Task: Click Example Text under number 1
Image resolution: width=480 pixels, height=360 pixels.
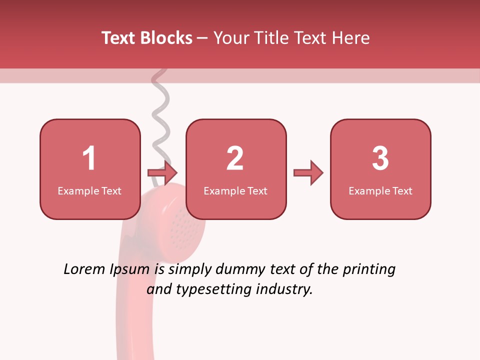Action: (x=89, y=191)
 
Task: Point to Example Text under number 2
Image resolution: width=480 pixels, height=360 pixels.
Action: (x=235, y=191)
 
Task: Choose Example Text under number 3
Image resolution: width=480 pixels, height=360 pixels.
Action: (x=380, y=191)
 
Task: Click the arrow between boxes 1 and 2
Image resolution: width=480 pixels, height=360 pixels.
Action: (x=163, y=173)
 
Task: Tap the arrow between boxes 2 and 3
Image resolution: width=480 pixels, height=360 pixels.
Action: (x=308, y=173)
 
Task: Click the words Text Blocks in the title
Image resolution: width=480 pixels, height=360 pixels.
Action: (x=147, y=38)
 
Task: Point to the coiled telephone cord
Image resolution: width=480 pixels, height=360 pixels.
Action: (x=161, y=115)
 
